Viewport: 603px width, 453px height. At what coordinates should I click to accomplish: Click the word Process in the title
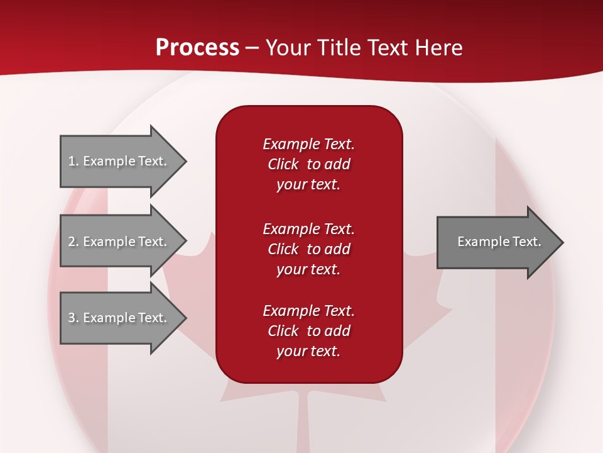click(197, 48)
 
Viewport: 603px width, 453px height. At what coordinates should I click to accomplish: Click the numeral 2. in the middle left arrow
click(73, 242)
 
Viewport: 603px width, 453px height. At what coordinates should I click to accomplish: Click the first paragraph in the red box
click(308, 164)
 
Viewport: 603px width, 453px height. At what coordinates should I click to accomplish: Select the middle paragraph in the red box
click(308, 249)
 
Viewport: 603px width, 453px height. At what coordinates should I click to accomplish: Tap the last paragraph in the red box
click(308, 331)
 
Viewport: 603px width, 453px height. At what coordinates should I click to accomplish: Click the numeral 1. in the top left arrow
click(73, 161)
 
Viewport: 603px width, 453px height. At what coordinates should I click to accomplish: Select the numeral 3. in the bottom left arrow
click(73, 318)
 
